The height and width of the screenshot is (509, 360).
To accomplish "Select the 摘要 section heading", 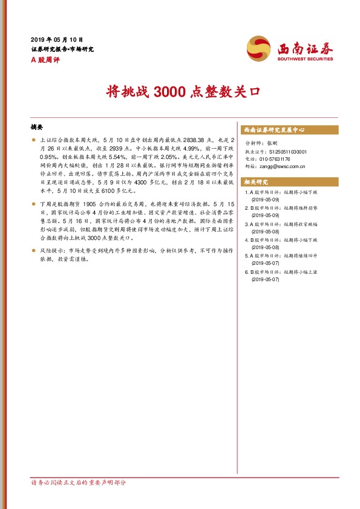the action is click(37, 128).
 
